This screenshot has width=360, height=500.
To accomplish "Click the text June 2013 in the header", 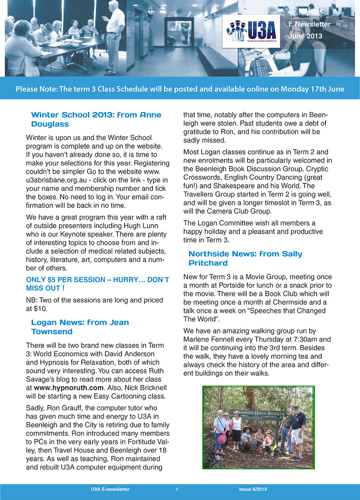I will pyautogui.click(x=305, y=36).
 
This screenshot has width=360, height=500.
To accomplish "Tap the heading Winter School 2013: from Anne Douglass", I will pyautogui.click(x=96, y=119).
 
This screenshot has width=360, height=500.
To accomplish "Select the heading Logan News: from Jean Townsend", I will pyautogui.click(x=80, y=327).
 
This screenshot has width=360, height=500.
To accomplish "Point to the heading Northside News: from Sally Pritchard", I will pyautogui.click(x=245, y=258).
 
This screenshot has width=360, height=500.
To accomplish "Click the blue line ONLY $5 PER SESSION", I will pyautogui.click(x=97, y=284).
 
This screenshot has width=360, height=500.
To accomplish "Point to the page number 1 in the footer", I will pyautogui.click(x=177, y=489).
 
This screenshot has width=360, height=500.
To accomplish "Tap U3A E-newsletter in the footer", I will pyautogui.click(x=110, y=489).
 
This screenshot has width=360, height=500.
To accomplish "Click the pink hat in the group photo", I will pyautogui.click(x=222, y=439).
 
